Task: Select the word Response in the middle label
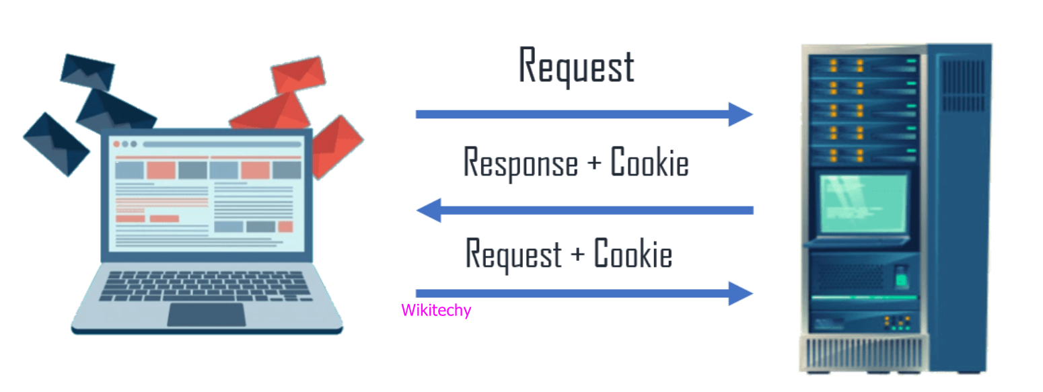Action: tap(520, 163)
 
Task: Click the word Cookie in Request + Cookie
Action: tap(633, 254)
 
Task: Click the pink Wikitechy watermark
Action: tap(435, 311)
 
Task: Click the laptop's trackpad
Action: tap(206, 315)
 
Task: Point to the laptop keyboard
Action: tap(206, 284)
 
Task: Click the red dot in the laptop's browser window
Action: tap(116, 144)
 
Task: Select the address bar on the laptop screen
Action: tap(221, 145)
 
